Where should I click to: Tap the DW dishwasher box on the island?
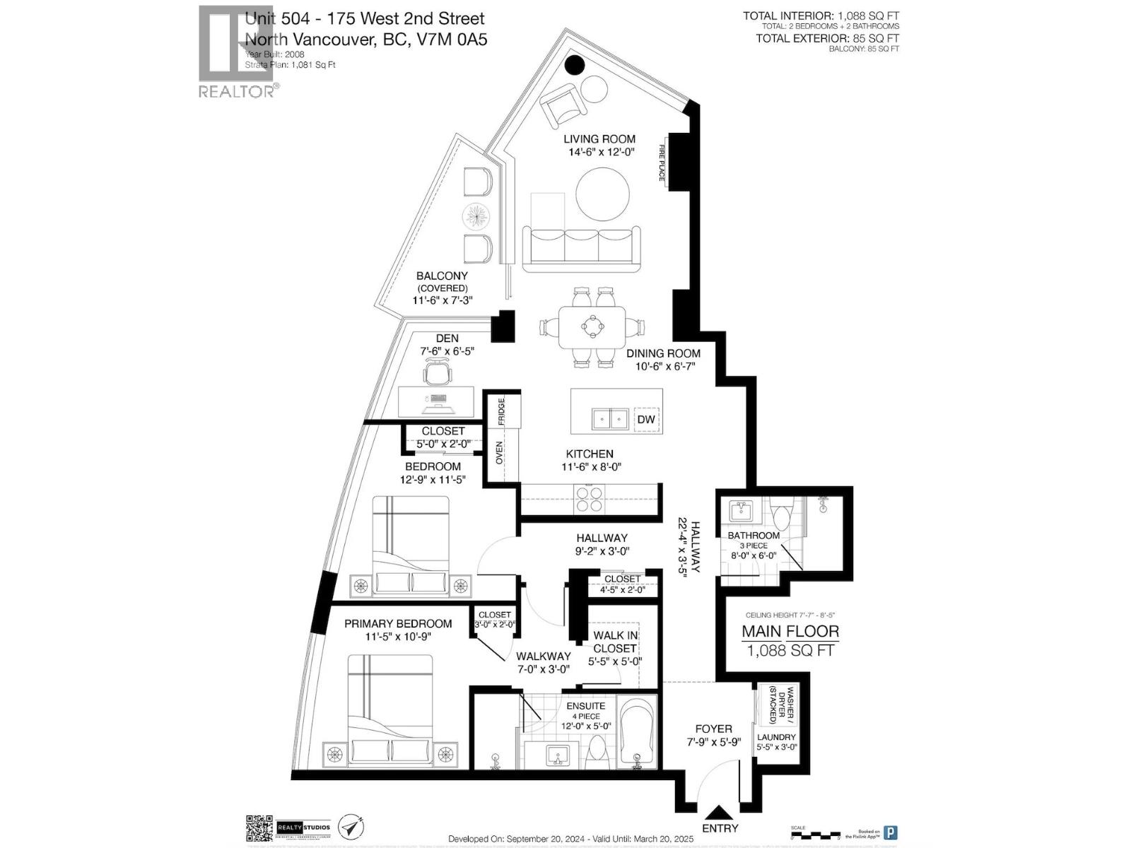click(x=646, y=419)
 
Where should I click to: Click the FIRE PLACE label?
click(x=662, y=162)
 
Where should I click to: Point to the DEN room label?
click(x=447, y=338)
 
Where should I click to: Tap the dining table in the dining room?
click(x=592, y=326)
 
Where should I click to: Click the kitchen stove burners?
click(x=589, y=499)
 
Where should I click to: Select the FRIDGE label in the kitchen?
click(x=501, y=411)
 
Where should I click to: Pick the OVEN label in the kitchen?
click(x=499, y=453)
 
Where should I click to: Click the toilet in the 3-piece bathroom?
click(x=782, y=517)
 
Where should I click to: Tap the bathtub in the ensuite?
click(x=637, y=731)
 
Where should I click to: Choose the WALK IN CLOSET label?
click(x=615, y=642)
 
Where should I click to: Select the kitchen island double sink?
click(x=610, y=419)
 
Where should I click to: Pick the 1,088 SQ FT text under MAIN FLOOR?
click(x=790, y=650)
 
